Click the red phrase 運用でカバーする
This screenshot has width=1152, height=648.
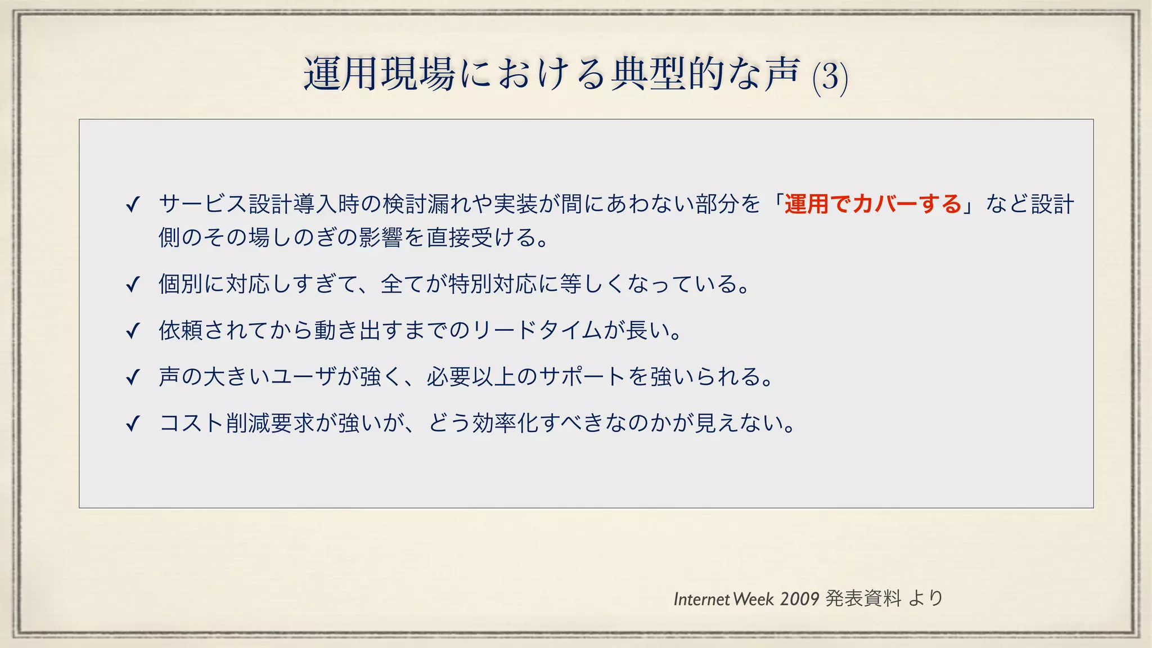[872, 204]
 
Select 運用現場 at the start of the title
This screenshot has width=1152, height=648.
[379, 74]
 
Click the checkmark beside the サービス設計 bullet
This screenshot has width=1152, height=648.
[133, 205]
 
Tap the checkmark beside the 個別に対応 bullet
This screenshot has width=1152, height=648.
[133, 285]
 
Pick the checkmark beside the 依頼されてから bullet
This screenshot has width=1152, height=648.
[133, 331]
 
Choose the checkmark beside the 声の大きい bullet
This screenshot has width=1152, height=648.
[133, 377]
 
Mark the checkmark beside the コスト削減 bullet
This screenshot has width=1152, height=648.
[133, 423]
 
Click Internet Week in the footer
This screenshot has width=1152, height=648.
[723, 599]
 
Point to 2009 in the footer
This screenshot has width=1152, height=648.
[799, 599]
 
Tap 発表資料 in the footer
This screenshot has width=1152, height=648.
[863, 598]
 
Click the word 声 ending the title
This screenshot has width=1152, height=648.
[782, 74]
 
